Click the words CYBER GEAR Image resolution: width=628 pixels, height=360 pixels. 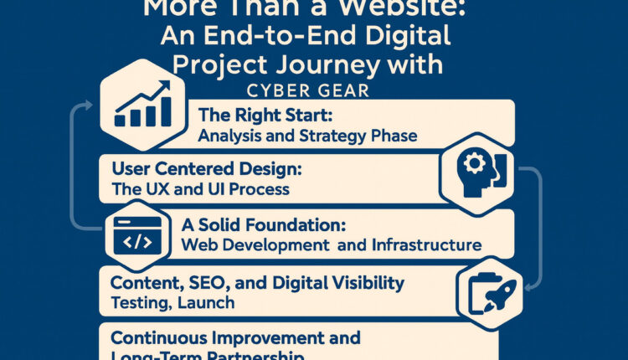click(314, 90)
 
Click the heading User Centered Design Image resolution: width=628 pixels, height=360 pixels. click(207, 169)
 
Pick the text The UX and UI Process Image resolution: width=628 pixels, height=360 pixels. click(200, 189)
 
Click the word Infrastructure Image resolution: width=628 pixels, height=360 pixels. click(424, 245)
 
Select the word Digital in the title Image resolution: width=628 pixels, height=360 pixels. click(405, 38)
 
